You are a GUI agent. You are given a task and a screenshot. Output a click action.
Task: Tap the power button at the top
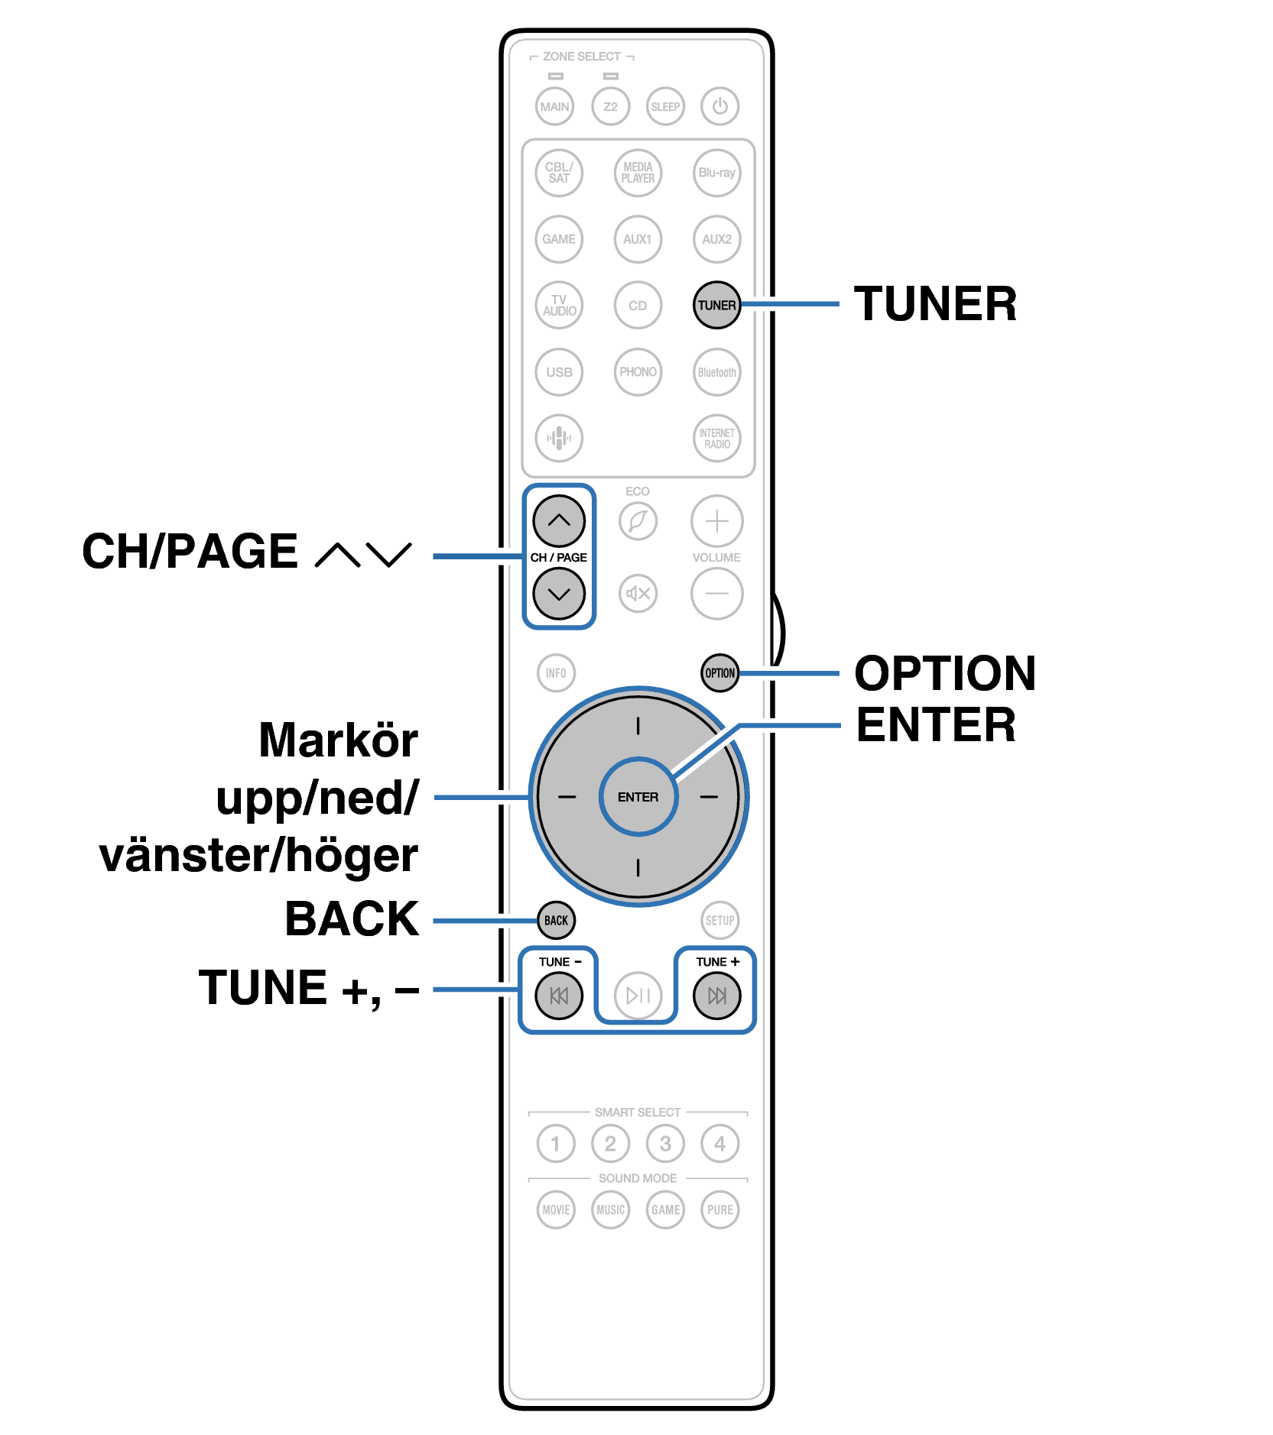[x=719, y=106]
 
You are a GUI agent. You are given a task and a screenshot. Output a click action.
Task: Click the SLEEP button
[x=665, y=106]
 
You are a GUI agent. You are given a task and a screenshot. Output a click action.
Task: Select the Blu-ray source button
[x=716, y=173]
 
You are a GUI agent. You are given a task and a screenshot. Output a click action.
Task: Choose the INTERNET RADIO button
[x=716, y=439]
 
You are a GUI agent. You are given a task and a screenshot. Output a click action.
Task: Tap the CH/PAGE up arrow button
[x=559, y=521]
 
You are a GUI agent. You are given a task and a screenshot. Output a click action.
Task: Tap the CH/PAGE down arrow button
[x=559, y=594]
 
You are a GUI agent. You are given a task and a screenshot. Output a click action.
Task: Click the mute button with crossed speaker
[x=638, y=594]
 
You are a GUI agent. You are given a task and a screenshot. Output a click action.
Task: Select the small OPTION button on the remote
[x=719, y=673]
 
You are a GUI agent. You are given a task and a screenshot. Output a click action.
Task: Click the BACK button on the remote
[x=556, y=920]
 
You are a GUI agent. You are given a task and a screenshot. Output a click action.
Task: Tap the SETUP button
[x=719, y=920]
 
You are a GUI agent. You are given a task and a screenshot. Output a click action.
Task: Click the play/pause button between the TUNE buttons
[x=638, y=996]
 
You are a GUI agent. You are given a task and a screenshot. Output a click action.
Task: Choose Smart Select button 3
[x=665, y=1144]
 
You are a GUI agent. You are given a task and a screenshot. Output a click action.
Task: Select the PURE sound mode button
[x=719, y=1210]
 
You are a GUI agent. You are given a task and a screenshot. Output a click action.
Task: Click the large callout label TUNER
[x=935, y=304]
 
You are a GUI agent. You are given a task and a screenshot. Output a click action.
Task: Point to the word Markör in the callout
[x=338, y=740]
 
